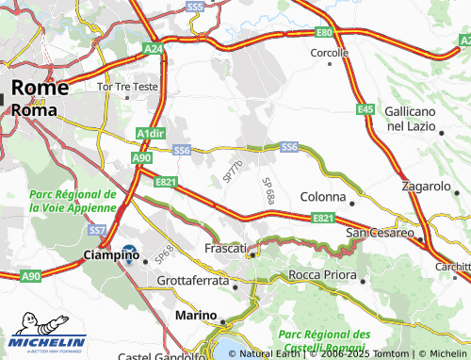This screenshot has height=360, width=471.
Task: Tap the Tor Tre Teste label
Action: point(127,86)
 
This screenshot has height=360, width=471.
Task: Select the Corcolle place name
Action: point(329,53)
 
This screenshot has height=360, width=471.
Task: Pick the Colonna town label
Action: point(325,198)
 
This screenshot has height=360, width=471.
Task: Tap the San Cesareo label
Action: point(380,233)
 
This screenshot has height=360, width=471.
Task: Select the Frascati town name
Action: point(224,249)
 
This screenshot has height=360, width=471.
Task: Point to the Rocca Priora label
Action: point(323,275)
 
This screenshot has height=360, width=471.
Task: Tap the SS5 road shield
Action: point(195,7)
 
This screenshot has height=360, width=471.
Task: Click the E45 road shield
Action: point(366,110)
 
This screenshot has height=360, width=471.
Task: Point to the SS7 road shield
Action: point(97,230)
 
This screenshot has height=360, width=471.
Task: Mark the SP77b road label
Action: point(233,171)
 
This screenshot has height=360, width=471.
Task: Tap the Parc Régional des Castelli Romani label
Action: point(323,340)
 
